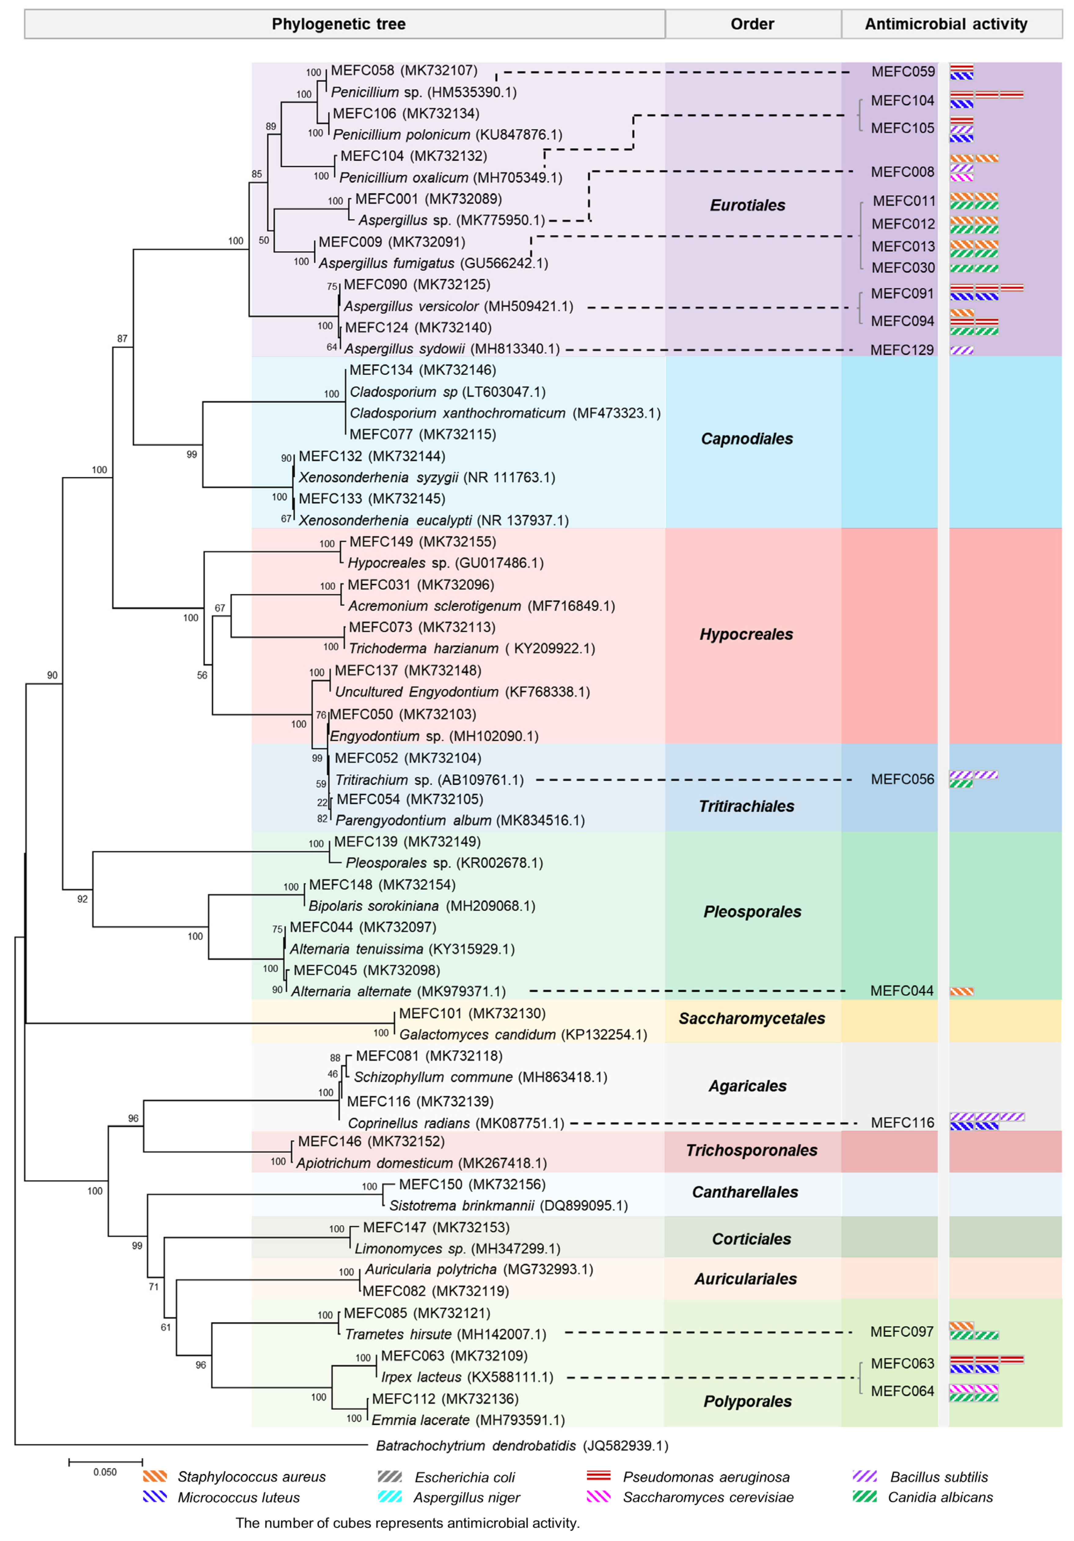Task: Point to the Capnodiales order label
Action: click(x=747, y=439)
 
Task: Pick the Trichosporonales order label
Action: click(x=751, y=1150)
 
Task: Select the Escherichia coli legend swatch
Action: click(x=390, y=1477)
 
